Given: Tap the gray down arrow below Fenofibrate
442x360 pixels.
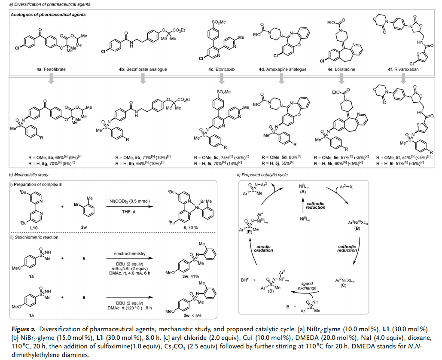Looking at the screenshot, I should pos(51,78).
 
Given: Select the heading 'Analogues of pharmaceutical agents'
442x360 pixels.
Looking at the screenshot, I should pos(48,15).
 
